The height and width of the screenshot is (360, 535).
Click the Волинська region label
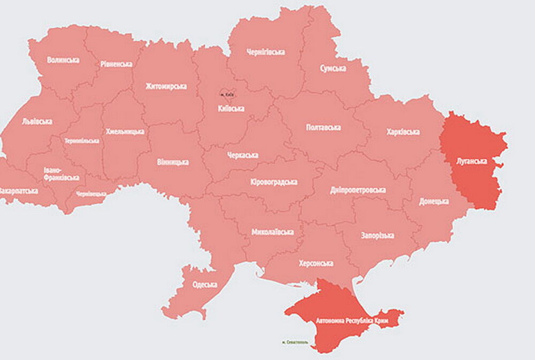(63, 60)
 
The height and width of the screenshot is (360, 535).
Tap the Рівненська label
(116, 64)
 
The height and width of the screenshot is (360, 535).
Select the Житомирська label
(166, 86)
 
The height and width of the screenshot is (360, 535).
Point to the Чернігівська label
(265, 52)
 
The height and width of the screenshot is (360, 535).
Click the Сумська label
(333, 68)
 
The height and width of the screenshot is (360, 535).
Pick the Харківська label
(403, 132)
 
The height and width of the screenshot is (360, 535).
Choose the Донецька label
(433, 201)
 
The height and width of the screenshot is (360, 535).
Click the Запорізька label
(378, 235)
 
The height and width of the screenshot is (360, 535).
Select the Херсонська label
(316, 263)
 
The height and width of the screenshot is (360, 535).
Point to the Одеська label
(204, 285)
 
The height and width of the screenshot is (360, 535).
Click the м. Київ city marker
(227, 95)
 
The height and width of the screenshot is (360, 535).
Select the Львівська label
(37, 121)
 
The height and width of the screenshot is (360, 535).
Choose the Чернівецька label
(91, 194)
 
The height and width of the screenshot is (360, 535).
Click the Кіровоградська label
(273, 182)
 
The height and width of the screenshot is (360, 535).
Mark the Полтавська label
(323, 127)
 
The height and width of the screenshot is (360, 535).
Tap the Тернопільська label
(81, 141)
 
